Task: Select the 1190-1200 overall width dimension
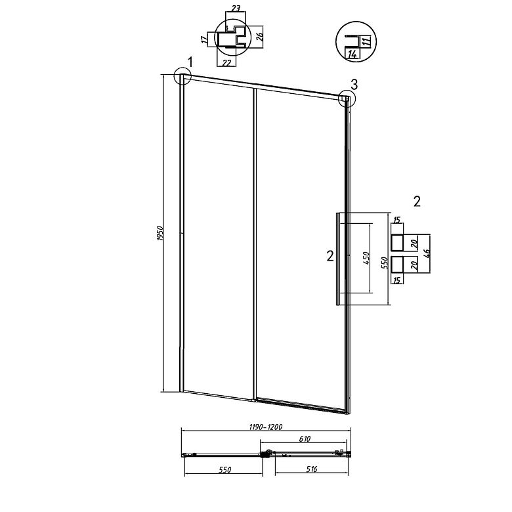point(265,427)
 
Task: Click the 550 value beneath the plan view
point(224,470)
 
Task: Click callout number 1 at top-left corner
point(190,62)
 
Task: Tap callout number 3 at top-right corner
point(354,84)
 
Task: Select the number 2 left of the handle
point(330,256)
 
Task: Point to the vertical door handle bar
point(338,259)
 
